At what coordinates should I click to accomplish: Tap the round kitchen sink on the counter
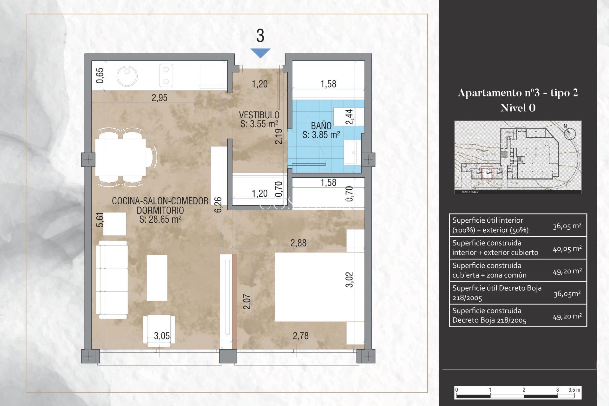127,76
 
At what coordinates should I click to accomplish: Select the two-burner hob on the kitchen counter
166,75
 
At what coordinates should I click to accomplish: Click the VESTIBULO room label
259,115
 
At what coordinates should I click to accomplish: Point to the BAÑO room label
321,126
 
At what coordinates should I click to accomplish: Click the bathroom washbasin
352,153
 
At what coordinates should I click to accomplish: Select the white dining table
121,158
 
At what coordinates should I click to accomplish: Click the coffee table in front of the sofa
157,278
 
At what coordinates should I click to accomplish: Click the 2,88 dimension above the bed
298,243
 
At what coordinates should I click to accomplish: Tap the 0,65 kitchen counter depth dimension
100,75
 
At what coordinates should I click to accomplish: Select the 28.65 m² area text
160,219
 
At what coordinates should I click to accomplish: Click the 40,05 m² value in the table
567,249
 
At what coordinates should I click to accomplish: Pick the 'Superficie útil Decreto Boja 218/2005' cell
497,293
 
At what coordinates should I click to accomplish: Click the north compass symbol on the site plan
570,133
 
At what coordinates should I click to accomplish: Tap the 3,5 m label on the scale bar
574,390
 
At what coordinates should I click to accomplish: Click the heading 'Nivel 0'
518,108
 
